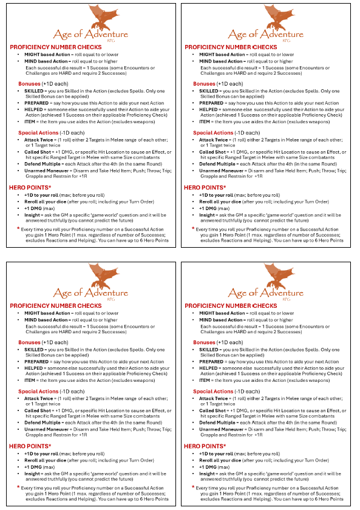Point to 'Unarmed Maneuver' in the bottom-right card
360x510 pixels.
tap(219, 429)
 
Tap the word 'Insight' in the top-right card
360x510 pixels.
tap(207, 214)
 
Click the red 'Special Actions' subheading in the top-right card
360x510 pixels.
tap(213, 132)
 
